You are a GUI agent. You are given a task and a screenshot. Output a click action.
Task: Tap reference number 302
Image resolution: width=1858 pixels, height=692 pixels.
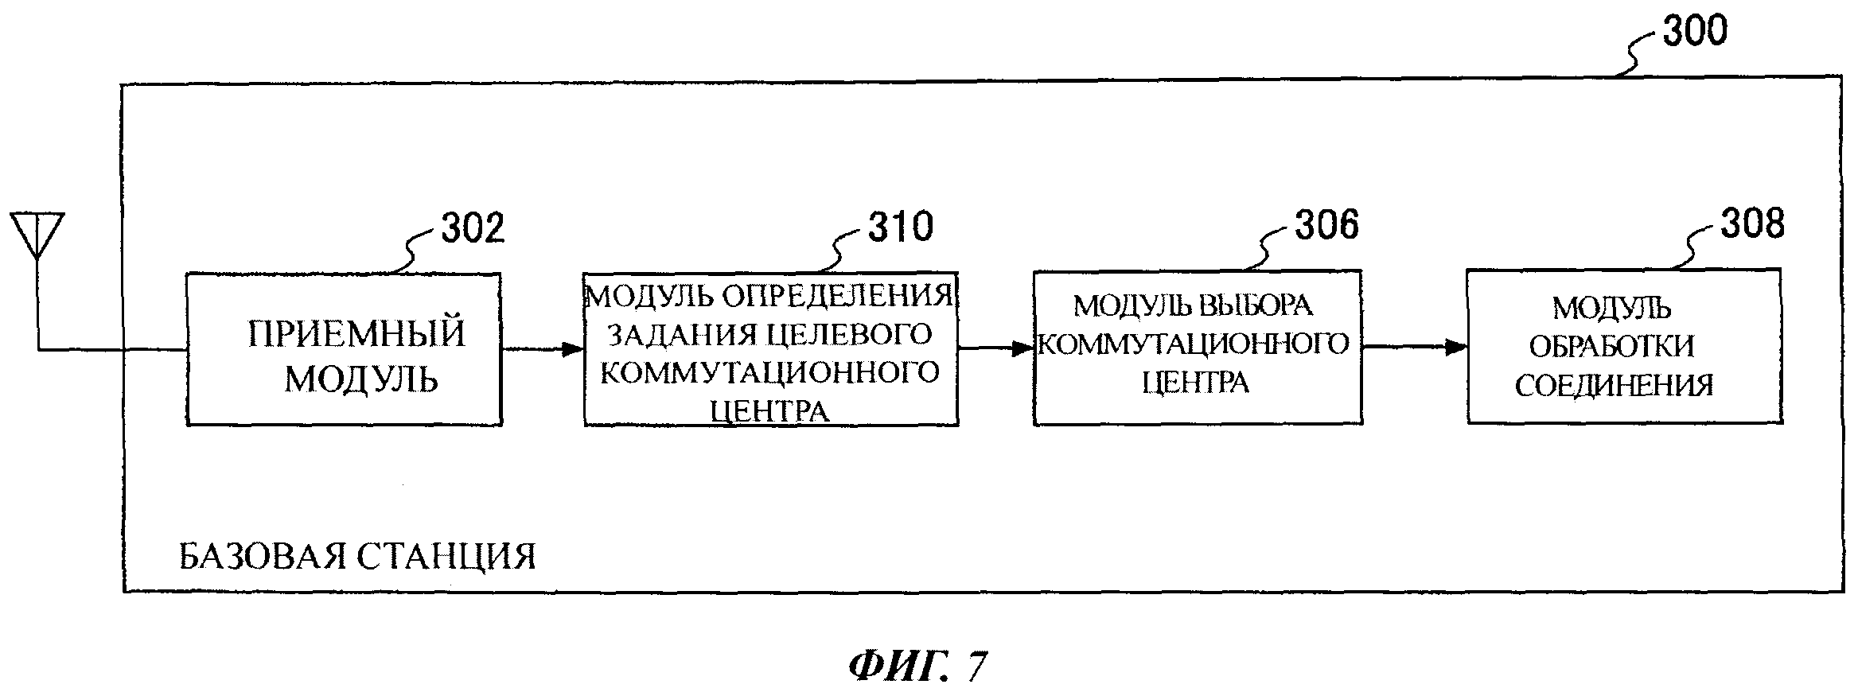pyautogui.click(x=473, y=228)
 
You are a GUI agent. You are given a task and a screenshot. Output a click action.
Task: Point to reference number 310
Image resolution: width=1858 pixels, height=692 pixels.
pyautogui.click(x=900, y=227)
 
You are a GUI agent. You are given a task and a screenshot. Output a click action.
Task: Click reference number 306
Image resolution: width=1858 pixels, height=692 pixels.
pyautogui.click(x=1326, y=225)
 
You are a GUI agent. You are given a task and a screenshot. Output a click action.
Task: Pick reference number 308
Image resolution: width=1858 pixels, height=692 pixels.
pyautogui.click(x=1752, y=224)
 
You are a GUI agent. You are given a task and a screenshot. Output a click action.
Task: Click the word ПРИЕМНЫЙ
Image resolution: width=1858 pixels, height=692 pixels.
pyautogui.click(x=356, y=333)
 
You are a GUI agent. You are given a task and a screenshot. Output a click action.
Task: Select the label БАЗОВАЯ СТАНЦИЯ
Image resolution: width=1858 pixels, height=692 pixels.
pyautogui.click(x=357, y=557)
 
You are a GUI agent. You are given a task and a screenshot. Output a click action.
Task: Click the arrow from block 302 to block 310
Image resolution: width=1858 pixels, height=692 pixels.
pyautogui.click(x=542, y=348)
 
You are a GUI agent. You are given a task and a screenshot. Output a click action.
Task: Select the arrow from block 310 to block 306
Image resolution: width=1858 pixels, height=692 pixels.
pyautogui.click(x=995, y=348)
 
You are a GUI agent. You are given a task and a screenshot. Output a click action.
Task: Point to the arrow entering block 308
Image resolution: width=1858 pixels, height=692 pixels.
pyautogui.click(x=1414, y=347)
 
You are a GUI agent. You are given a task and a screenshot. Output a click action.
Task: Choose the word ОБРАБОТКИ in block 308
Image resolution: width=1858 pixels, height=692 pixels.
pyautogui.click(x=1612, y=346)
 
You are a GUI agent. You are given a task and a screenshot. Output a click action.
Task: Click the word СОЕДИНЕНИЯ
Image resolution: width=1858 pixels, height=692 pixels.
pyautogui.click(x=1614, y=386)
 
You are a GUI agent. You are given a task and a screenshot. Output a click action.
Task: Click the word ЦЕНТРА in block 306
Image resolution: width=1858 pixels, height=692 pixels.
pyautogui.click(x=1195, y=383)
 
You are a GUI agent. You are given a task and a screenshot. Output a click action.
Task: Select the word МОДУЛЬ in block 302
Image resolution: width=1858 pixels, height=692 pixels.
pyautogui.click(x=361, y=379)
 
